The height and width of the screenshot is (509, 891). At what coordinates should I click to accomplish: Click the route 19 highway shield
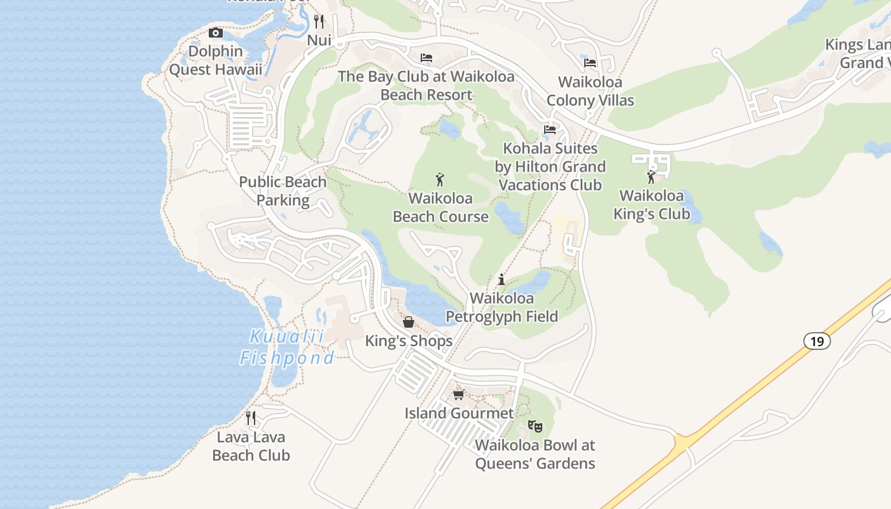click(x=817, y=341)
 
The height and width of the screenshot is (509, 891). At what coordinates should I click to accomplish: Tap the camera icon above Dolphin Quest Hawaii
click(x=216, y=32)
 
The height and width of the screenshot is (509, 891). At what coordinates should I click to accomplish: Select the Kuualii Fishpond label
click(x=286, y=347)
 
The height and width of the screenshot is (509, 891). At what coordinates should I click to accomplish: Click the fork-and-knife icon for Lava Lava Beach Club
click(x=251, y=418)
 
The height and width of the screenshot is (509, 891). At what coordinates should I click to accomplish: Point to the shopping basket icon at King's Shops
click(x=409, y=322)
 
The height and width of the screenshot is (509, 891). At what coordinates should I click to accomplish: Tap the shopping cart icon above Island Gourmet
click(x=458, y=394)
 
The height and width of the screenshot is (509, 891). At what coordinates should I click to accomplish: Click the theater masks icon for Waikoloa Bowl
click(x=535, y=426)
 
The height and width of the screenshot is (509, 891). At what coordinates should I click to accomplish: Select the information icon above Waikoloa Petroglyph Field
click(x=502, y=279)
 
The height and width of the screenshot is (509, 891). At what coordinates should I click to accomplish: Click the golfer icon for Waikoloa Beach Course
click(x=440, y=179)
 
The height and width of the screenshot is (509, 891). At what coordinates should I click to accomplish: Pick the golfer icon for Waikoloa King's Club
click(x=651, y=176)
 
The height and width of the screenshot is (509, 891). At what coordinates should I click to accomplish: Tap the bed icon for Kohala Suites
click(x=550, y=130)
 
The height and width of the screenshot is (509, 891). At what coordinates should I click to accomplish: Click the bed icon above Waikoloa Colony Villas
click(x=590, y=63)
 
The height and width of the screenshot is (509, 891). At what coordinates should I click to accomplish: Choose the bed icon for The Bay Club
click(x=426, y=58)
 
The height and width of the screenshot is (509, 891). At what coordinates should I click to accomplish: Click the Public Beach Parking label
click(x=283, y=191)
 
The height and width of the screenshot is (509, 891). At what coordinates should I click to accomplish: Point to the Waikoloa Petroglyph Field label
click(x=502, y=307)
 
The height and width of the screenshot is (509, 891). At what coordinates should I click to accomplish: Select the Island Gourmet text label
click(x=459, y=413)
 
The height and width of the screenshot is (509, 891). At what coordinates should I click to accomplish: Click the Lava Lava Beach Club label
click(x=251, y=446)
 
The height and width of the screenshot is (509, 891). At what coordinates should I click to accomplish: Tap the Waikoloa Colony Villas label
click(x=590, y=91)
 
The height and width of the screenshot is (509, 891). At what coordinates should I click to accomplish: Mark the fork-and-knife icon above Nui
click(x=319, y=21)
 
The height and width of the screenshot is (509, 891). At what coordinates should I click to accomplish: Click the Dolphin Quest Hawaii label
click(x=215, y=60)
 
